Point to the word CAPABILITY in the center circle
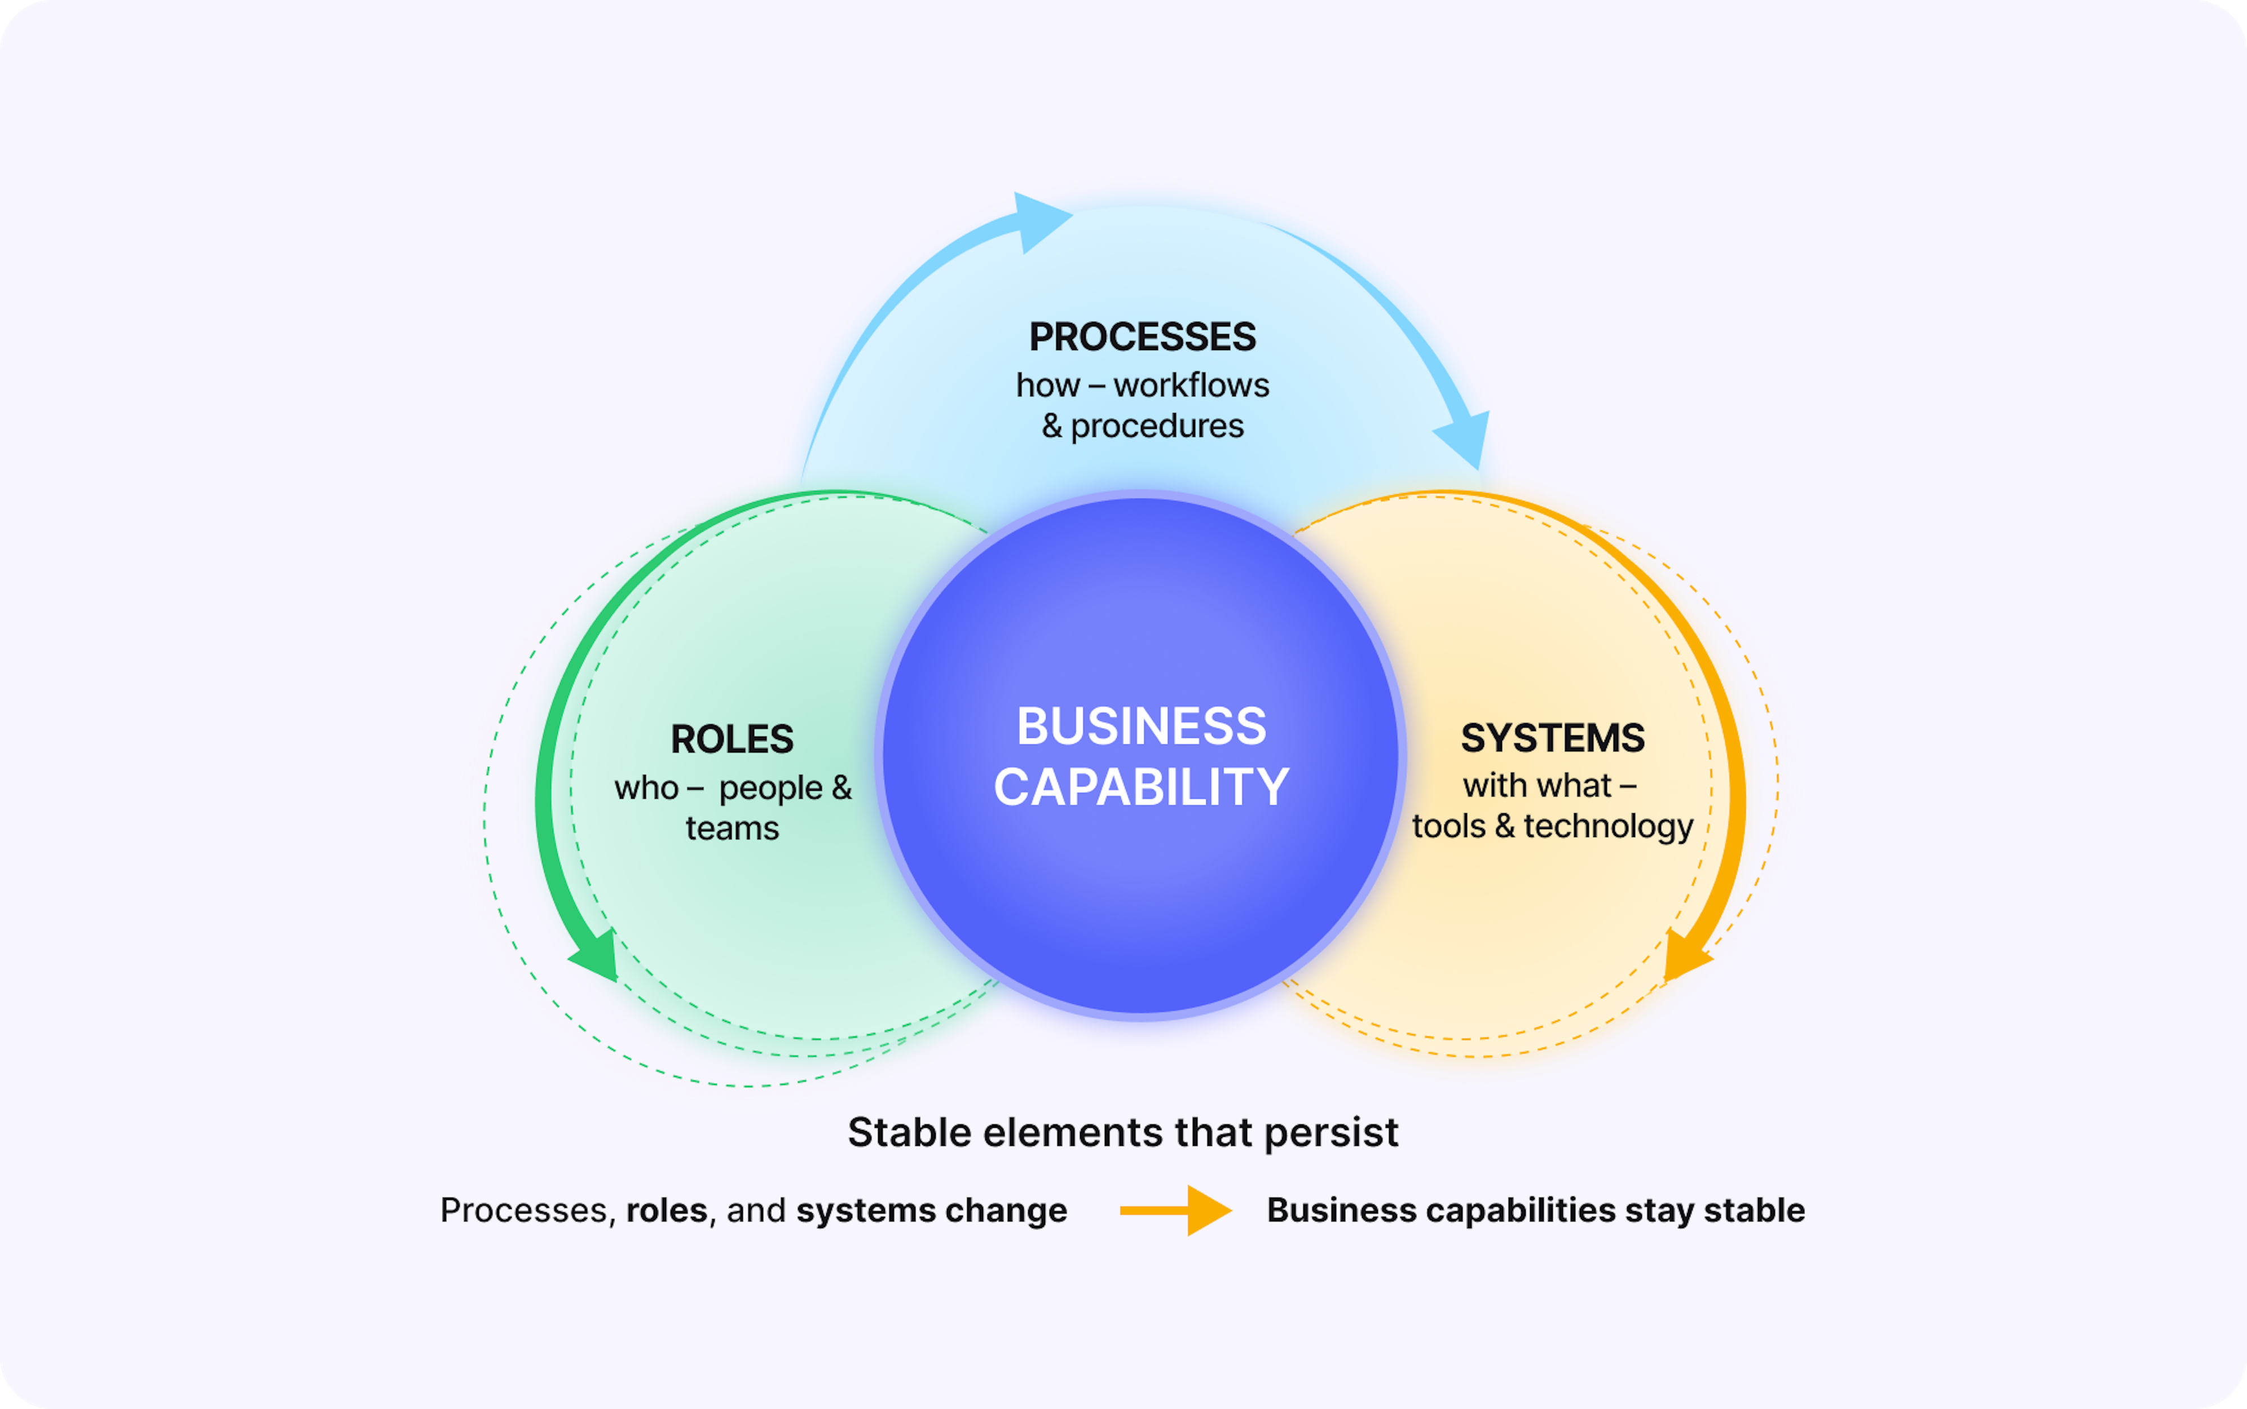[x=1141, y=787]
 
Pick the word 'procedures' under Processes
[x=1157, y=427]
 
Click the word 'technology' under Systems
[x=1609, y=827]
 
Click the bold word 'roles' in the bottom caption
[x=667, y=1211]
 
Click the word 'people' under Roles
[x=770, y=789]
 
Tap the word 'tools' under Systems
[x=1448, y=827]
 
